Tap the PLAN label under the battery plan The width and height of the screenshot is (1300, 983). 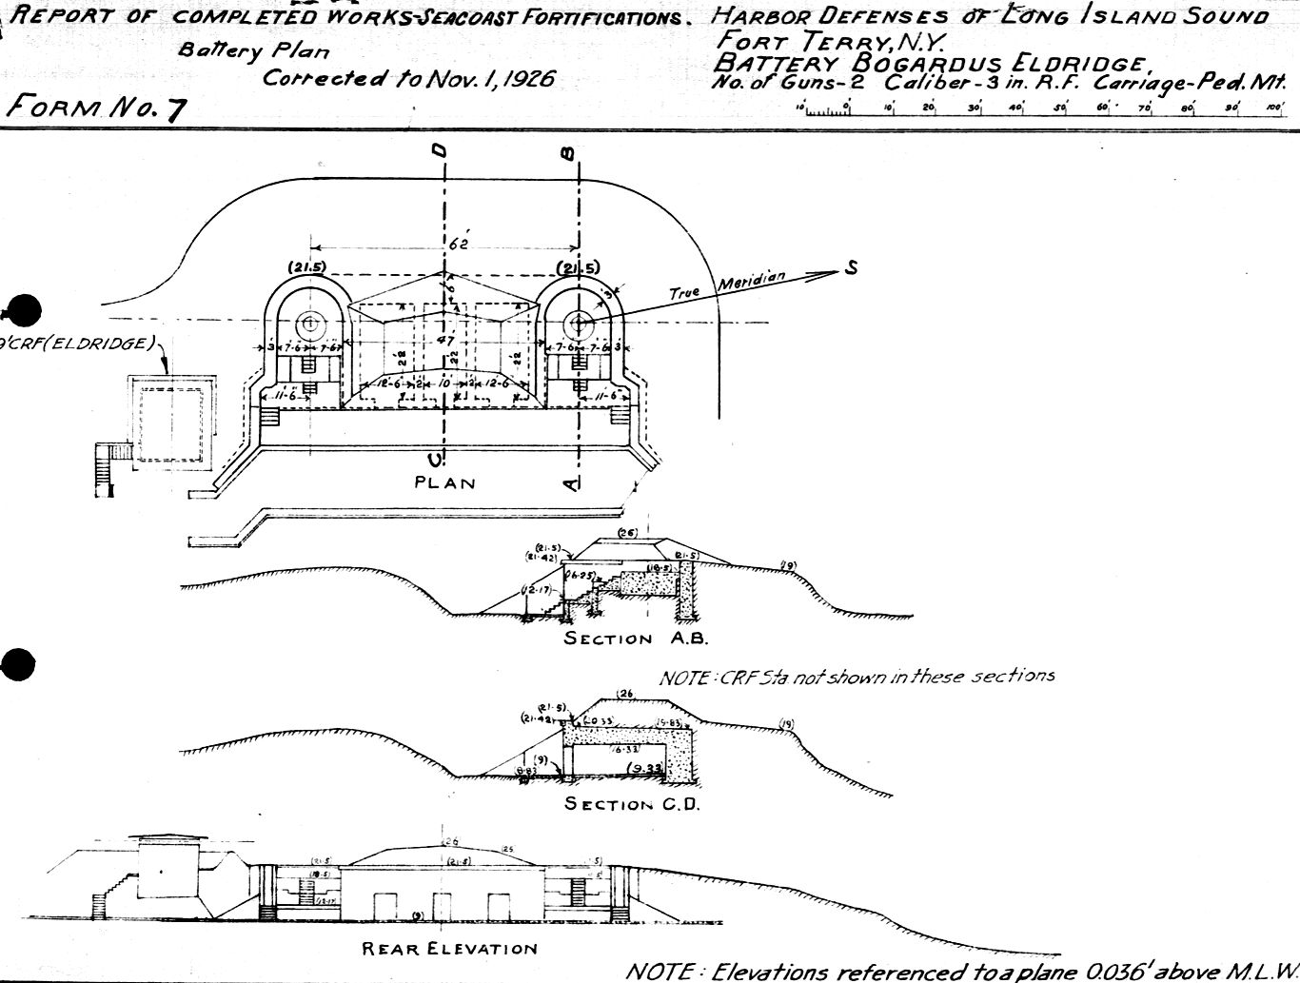444,482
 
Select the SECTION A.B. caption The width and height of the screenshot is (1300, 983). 635,639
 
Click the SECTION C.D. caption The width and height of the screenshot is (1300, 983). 632,804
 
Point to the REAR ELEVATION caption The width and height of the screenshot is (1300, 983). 449,948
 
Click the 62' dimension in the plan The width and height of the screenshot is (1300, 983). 459,245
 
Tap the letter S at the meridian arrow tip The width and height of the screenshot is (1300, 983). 851,268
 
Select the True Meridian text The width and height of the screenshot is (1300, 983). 729,286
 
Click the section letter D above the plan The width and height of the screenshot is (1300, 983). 439,151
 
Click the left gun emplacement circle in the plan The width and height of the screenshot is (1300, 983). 309,323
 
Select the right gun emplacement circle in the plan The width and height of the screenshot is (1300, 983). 577,324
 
